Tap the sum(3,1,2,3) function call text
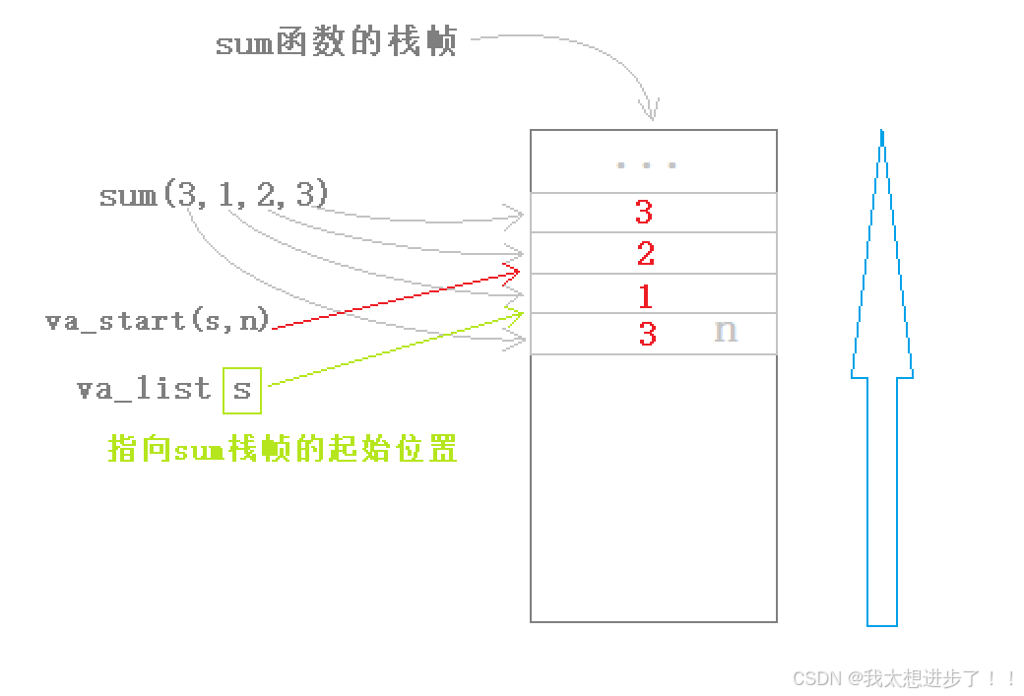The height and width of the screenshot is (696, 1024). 213,195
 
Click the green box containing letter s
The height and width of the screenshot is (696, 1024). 242,389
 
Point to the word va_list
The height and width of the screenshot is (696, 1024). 145,388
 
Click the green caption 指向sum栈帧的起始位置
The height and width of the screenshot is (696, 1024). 283,450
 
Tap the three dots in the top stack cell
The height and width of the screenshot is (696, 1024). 646,165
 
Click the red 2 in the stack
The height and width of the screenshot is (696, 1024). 646,254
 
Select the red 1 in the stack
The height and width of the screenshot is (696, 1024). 646,295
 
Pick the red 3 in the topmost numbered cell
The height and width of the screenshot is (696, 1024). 644,212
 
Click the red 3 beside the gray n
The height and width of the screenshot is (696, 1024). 647,335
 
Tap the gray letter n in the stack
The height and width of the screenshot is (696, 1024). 726,332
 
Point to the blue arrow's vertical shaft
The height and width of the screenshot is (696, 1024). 882,502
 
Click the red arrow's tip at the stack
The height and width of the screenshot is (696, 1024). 516,269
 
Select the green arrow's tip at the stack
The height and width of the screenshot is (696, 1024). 519,313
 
